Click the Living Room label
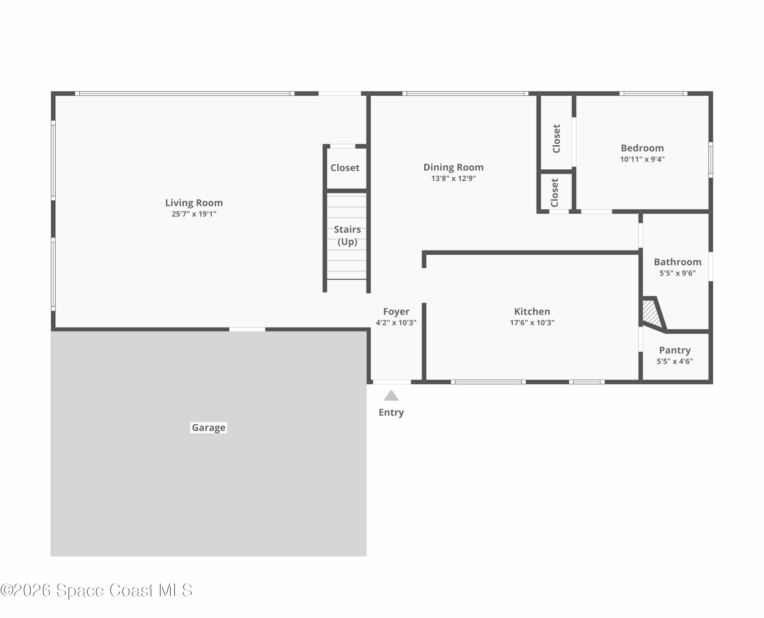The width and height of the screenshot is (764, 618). pos(194,203)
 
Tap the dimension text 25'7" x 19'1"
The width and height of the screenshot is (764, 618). pos(194,214)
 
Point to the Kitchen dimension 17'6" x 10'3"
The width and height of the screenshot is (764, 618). pos(532,323)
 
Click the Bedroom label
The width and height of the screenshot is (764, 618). pos(642,148)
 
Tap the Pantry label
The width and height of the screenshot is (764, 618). pos(675,350)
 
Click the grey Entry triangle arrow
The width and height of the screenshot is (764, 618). pos(391,396)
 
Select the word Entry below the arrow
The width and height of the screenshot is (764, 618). pos(391,412)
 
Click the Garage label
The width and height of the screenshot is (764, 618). pos(208,428)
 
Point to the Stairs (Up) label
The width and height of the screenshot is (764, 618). pos(347,235)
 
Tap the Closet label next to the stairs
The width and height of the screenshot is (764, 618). pos(345,168)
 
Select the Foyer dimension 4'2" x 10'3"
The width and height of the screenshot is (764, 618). pos(396,323)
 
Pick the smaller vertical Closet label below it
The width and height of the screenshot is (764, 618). pos(554,193)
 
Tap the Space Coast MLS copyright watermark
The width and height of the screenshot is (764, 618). pos(96,590)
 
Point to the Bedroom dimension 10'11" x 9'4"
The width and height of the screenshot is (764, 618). pos(642,159)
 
